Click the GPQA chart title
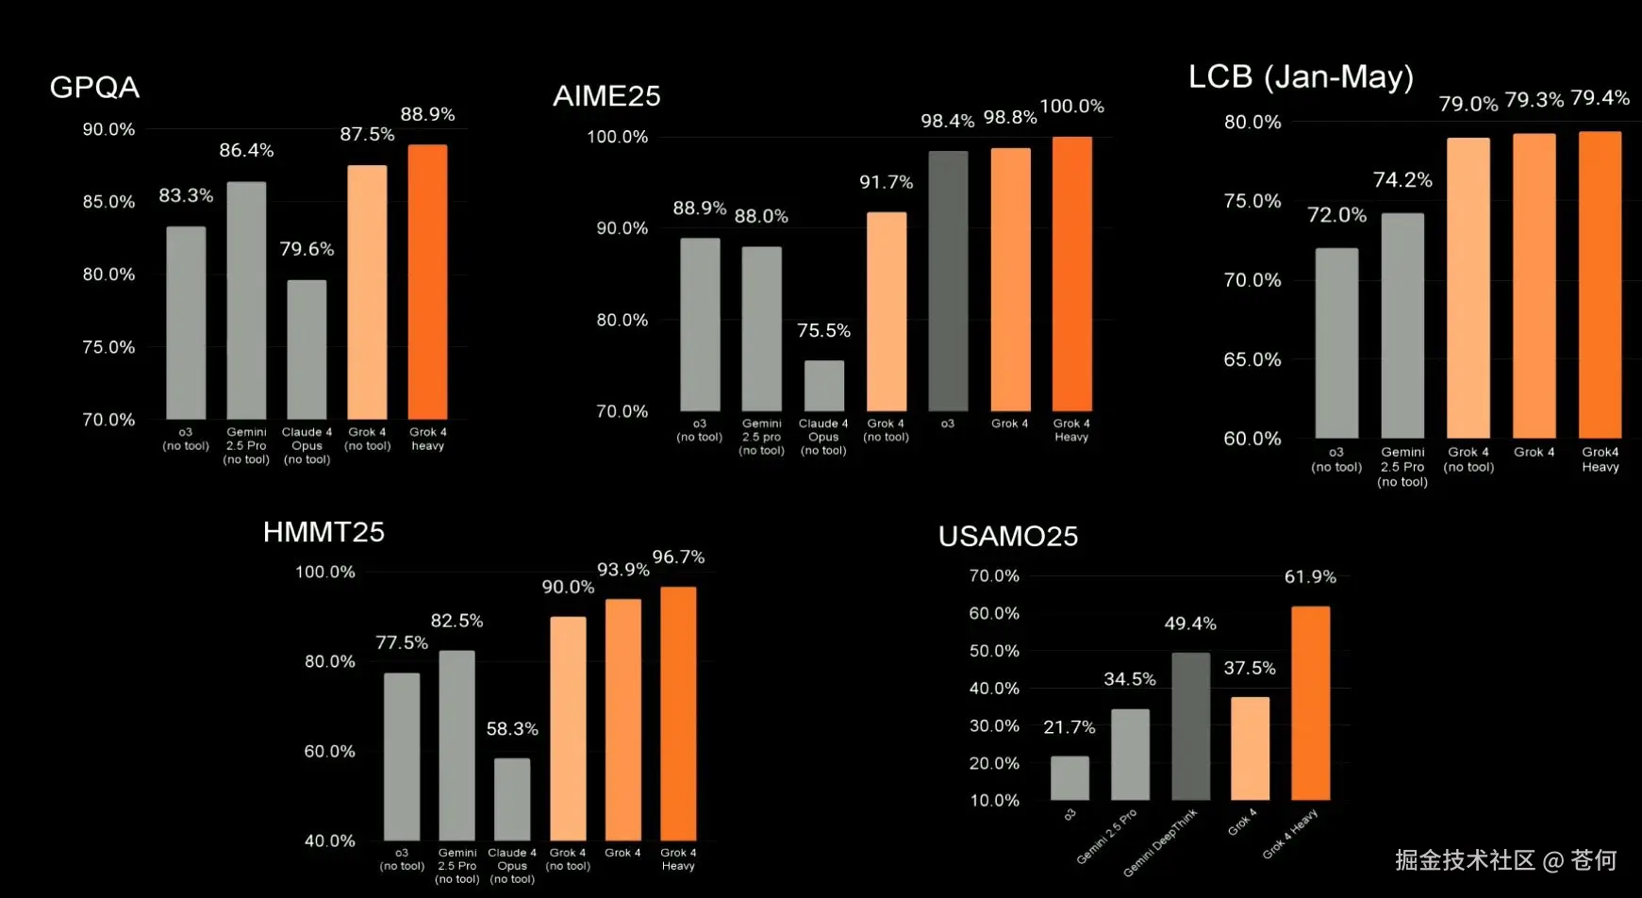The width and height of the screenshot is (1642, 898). click(94, 88)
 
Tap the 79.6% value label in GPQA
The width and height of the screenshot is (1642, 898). click(307, 249)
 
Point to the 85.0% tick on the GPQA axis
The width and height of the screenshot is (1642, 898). click(108, 202)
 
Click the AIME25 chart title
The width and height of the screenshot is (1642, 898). click(606, 96)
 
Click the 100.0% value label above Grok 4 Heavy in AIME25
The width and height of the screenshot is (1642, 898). click(1071, 107)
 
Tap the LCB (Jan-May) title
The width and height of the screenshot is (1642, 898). click(1301, 77)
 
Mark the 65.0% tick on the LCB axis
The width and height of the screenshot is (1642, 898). click(1252, 359)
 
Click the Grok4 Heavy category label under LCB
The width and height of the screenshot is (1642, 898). click(1600, 459)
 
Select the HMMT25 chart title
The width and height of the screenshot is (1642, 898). click(323, 532)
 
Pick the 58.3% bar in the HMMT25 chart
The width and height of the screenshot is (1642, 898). click(512, 799)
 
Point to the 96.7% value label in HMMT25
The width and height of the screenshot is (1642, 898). click(678, 557)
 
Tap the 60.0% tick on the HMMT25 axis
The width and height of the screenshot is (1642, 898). click(329, 752)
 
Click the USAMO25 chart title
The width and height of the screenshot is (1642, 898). click(1007, 537)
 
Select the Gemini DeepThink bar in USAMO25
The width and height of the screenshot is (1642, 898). click(1190, 725)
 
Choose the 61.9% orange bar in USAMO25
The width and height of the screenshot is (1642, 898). click(1310, 703)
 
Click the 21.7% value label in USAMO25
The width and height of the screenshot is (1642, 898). click(1069, 727)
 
